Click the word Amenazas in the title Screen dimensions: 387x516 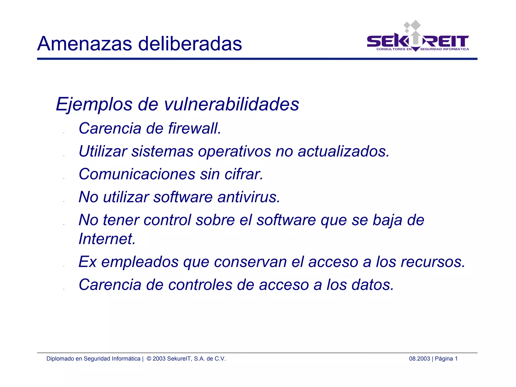point(84,44)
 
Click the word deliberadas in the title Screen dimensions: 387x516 point(190,44)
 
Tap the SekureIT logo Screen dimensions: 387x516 point(418,38)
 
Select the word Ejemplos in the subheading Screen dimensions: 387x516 point(94,104)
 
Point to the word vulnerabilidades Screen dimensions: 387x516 point(232,104)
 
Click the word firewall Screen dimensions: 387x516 point(195,128)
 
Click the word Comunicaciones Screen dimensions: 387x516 point(137,174)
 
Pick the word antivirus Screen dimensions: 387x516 point(249,197)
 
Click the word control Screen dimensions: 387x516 point(167,220)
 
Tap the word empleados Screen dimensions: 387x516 point(140,262)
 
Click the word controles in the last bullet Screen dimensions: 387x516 point(200,285)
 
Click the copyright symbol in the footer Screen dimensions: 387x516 point(149,359)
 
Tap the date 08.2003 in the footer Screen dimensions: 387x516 point(419,359)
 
